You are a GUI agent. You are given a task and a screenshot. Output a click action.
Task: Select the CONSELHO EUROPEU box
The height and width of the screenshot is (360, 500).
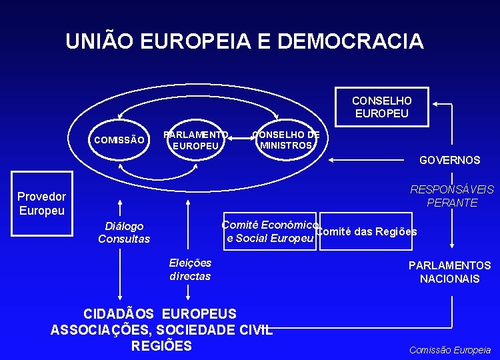382,107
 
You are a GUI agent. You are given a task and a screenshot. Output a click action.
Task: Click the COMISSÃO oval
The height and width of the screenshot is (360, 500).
119,139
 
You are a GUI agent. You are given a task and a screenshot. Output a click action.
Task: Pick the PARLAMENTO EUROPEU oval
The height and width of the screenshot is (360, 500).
197,139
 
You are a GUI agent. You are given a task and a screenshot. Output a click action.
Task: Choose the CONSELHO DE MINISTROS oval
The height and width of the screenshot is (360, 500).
285,139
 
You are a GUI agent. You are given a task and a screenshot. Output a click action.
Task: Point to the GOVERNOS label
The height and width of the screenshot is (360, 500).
449,160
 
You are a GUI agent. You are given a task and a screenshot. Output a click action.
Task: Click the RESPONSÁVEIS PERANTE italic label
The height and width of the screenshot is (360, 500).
452,196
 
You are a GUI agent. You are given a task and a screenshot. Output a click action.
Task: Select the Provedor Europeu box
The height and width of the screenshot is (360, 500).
41,203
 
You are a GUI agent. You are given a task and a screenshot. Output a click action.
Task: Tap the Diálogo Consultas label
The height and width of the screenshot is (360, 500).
124,233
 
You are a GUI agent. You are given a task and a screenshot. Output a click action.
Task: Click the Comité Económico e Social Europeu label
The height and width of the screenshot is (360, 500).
269,231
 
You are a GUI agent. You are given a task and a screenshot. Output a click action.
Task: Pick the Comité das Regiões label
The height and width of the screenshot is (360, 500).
365,231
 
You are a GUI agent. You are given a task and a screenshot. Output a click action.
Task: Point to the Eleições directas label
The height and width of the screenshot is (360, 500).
190,269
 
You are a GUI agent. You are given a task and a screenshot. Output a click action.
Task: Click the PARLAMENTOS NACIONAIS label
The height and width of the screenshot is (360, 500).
449,272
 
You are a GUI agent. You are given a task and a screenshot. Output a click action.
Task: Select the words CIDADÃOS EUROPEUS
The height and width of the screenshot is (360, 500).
159,313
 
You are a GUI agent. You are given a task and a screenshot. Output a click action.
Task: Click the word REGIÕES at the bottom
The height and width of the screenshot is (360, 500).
161,345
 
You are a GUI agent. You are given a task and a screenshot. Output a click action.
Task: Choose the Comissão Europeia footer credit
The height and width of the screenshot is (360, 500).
449,349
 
